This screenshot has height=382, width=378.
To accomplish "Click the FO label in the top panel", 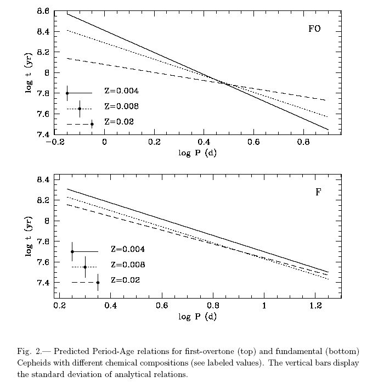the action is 314,29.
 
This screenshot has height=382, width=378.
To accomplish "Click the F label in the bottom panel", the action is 318,192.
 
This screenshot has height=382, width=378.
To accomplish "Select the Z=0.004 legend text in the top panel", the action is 122,91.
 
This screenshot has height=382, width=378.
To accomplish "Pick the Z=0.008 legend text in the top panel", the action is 122,106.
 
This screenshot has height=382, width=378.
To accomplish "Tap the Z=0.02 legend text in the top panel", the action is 119,121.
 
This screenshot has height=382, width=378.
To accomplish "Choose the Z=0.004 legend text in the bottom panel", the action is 128,249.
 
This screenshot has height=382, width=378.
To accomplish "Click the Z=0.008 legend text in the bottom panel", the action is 128,265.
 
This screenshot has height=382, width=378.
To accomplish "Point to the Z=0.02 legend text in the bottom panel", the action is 126,280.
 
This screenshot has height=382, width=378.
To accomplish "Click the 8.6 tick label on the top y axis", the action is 43,11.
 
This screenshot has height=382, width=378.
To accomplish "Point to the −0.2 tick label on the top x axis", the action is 55,142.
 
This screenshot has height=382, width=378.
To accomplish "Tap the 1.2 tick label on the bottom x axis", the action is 315,305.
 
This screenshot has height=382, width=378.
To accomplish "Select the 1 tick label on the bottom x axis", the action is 264,305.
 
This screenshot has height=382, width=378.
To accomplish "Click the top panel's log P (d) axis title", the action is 198,153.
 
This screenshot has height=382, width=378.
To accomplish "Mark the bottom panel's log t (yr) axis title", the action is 29,237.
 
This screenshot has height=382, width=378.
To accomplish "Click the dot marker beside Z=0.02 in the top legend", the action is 92,124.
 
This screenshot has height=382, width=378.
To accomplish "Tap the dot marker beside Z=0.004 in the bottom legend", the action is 72,252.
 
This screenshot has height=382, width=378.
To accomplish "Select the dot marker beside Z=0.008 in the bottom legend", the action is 85,267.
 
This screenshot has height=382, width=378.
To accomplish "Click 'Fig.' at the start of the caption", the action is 24,352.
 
